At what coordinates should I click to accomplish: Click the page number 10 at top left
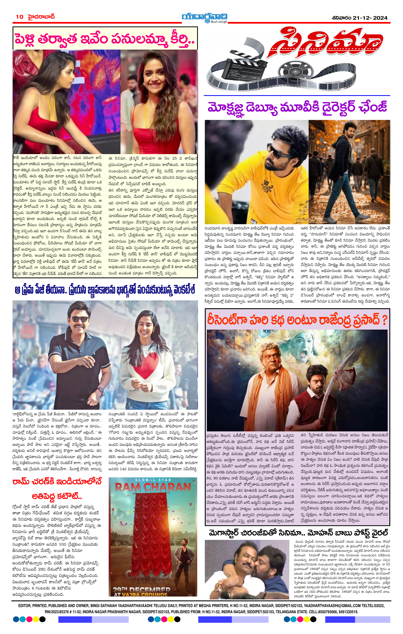(19, 17)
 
